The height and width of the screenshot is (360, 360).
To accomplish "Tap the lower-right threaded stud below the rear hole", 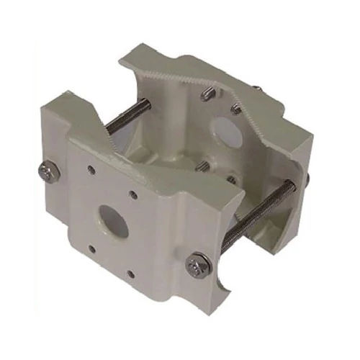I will pyautogui.click(x=232, y=180).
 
